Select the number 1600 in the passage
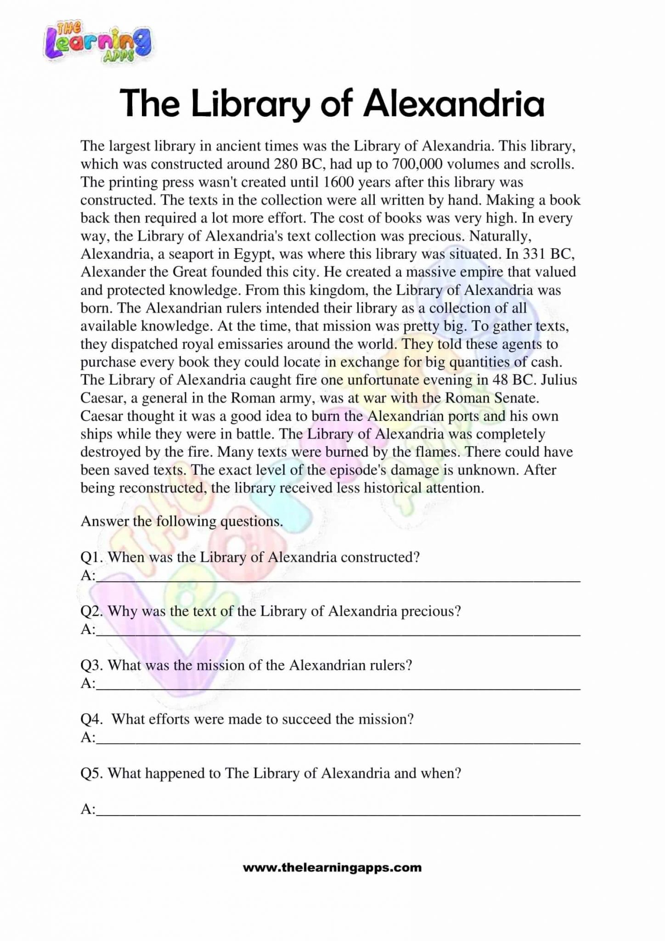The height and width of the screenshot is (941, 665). point(338,182)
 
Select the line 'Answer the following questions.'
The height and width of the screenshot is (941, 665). point(181,522)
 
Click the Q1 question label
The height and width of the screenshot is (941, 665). point(91,557)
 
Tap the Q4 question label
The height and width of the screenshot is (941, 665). point(92,719)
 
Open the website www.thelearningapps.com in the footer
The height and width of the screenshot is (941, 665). point(332,868)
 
